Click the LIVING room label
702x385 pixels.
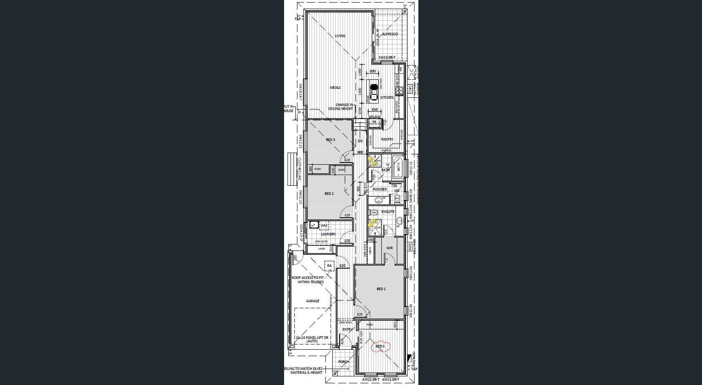point(340,36)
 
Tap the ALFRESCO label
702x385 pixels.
point(390,34)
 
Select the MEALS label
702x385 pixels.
point(335,88)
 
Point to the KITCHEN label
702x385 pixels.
point(387,97)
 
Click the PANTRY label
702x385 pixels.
point(387,139)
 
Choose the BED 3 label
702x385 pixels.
point(330,140)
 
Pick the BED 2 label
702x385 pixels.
point(329,194)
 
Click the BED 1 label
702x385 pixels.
point(381,289)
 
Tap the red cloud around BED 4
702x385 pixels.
point(380,347)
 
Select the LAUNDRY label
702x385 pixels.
point(328,234)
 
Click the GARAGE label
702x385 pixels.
point(312,301)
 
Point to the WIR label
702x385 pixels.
point(390,248)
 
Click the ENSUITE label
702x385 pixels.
point(388,212)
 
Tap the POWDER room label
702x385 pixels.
point(379,189)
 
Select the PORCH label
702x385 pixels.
point(343,362)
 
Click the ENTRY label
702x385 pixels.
point(347,329)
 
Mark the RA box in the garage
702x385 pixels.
point(329,266)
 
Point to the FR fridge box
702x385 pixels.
point(374,122)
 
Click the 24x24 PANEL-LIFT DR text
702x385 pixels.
point(312,339)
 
